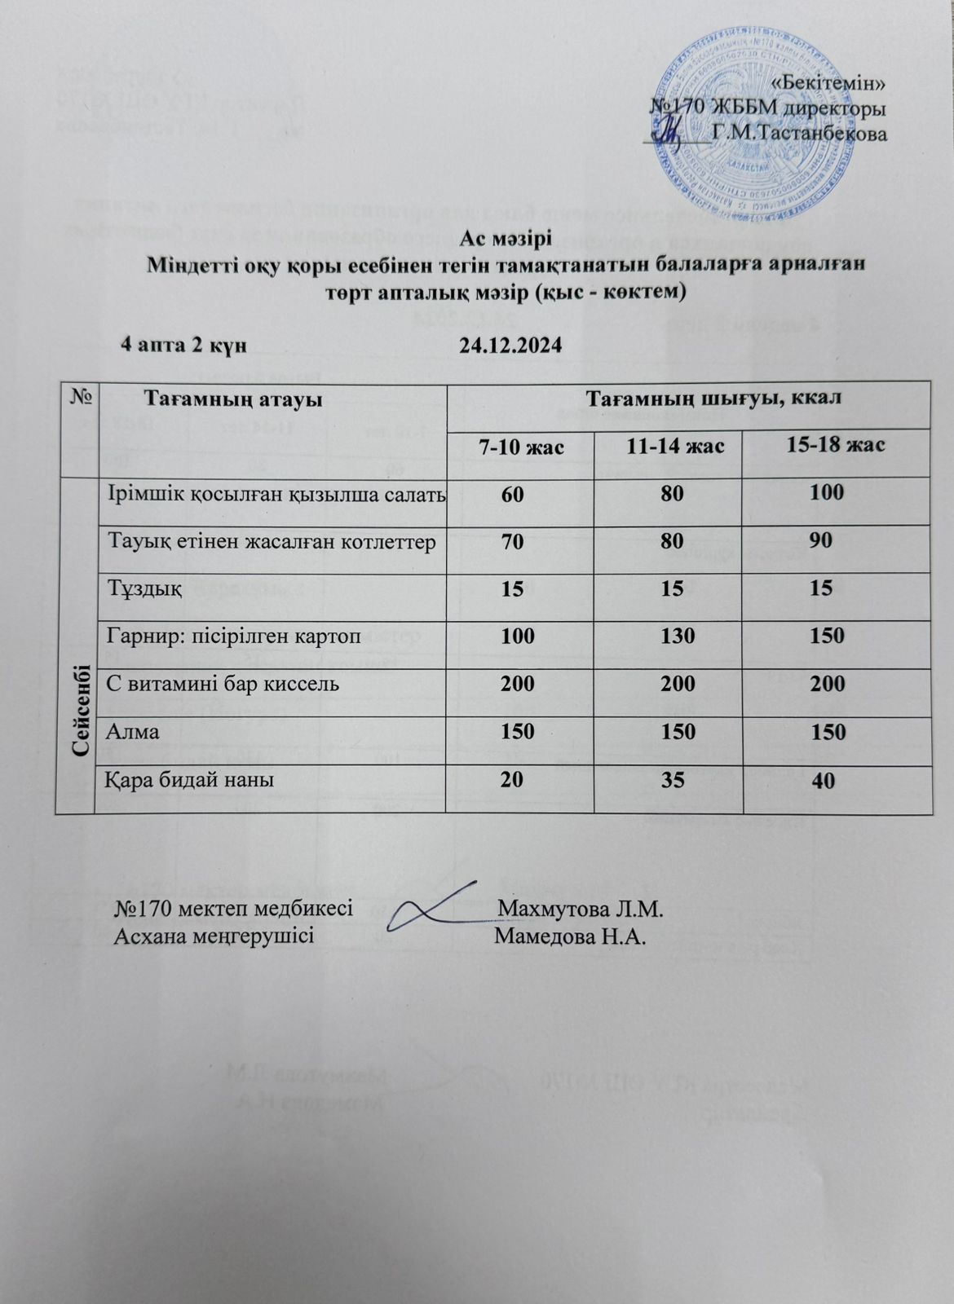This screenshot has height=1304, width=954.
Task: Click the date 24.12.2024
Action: [x=510, y=346]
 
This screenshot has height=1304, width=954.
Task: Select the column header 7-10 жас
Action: [x=522, y=447]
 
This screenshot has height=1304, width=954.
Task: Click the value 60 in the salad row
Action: [x=513, y=492]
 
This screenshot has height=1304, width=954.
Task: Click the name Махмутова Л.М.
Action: [x=582, y=909]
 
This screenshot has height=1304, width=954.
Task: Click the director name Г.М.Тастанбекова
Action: [x=799, y=134]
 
